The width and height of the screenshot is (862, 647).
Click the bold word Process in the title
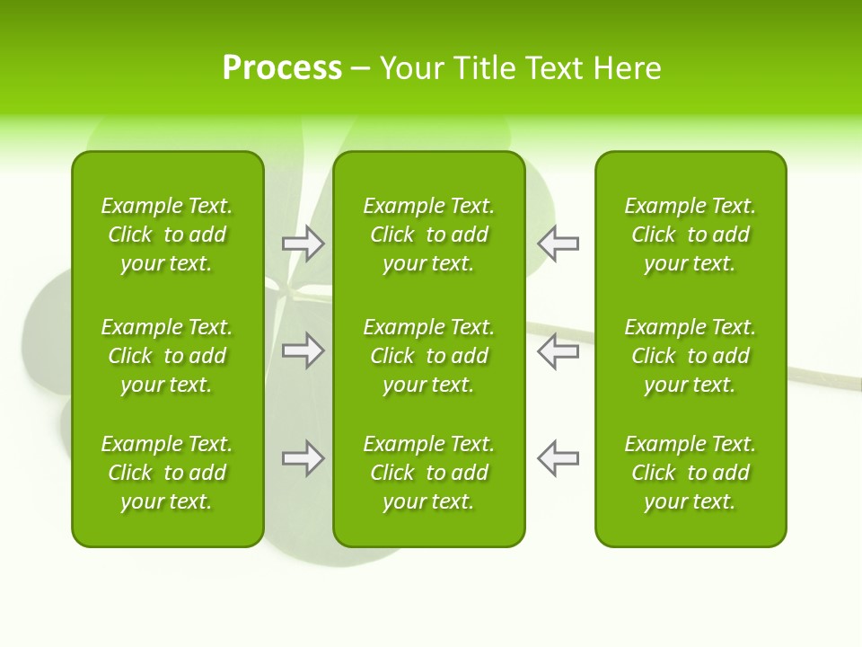[x=282, y=68]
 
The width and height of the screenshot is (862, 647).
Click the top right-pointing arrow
[x=303, y=244]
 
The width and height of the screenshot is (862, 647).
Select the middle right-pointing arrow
[x=303, y=350]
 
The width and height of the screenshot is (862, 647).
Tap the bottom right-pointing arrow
[x=303, y=458]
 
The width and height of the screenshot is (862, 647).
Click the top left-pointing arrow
[x=559, y=244]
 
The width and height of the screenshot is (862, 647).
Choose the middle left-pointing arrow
[x=559, y=350]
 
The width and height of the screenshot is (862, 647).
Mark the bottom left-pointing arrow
[x=559, y=458]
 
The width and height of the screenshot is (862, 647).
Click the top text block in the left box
[x=167, y=235]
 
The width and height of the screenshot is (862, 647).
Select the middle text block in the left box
[x=167, y=356]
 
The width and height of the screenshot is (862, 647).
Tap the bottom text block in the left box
[x=167, y=473]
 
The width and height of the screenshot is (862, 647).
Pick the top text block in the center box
[x=429, y=235]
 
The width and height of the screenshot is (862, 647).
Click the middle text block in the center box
[x=429, y=356]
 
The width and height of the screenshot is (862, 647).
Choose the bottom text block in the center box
[x=429, y=473]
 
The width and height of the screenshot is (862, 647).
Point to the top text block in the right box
[x=690, y=235]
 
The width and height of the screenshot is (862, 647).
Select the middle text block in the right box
[x=690, y=356]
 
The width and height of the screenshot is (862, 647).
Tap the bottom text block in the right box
[x=690, y=473]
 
